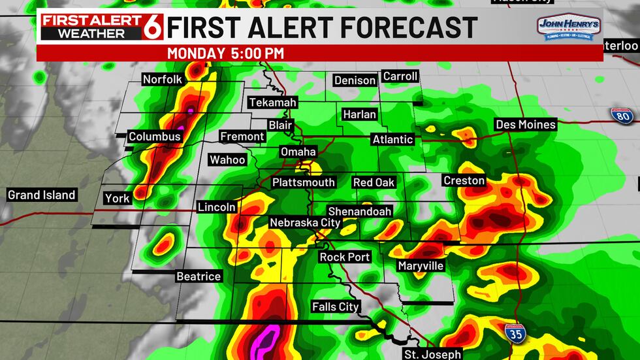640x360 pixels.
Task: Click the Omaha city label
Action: click(298, 152)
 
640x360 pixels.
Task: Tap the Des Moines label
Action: click(526, 124)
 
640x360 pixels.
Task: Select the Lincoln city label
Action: click(217, 207)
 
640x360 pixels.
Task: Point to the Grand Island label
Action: click(41, 195)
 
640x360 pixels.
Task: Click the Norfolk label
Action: click(162, 80)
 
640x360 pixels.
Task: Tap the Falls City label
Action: click(336, 306)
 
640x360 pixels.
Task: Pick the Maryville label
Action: click(421, 266)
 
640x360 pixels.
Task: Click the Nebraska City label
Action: click(305, 223)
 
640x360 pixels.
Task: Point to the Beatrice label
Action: click(199, 276)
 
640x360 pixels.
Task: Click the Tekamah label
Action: click(273, 103)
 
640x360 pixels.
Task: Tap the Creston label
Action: click(464, 180)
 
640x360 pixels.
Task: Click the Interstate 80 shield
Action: click(622, 115)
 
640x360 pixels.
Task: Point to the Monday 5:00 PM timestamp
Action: click(225, 53)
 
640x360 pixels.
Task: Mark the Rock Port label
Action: click(345, 257)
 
